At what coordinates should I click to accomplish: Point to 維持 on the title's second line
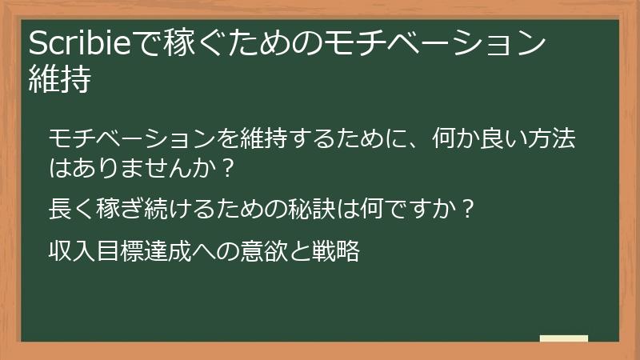coord(58,79)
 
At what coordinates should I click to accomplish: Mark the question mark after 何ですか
coord(469,210)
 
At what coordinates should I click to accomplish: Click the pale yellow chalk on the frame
coord(564,338)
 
